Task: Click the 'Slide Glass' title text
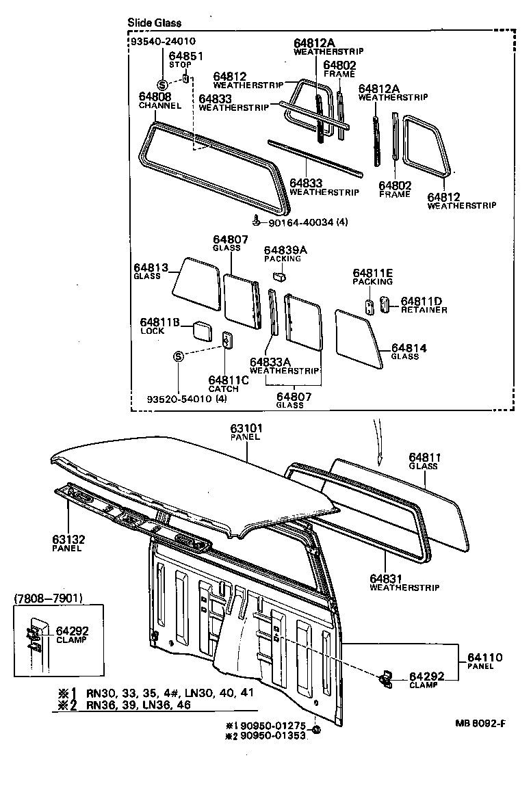(154, 23)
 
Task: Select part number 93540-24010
(161, 42)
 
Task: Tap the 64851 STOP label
(181, 60)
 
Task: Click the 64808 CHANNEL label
(159, 101)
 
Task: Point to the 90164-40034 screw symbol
(256, 220)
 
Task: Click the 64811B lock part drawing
(202, 330)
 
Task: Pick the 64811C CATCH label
(224, 384)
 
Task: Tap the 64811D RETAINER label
(424, 304)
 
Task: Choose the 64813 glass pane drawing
(195, 280)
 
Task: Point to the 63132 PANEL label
(68, 543)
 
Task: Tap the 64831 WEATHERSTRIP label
(404, 582)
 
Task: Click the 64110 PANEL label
(485, 661)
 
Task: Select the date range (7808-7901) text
(48, 599)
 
